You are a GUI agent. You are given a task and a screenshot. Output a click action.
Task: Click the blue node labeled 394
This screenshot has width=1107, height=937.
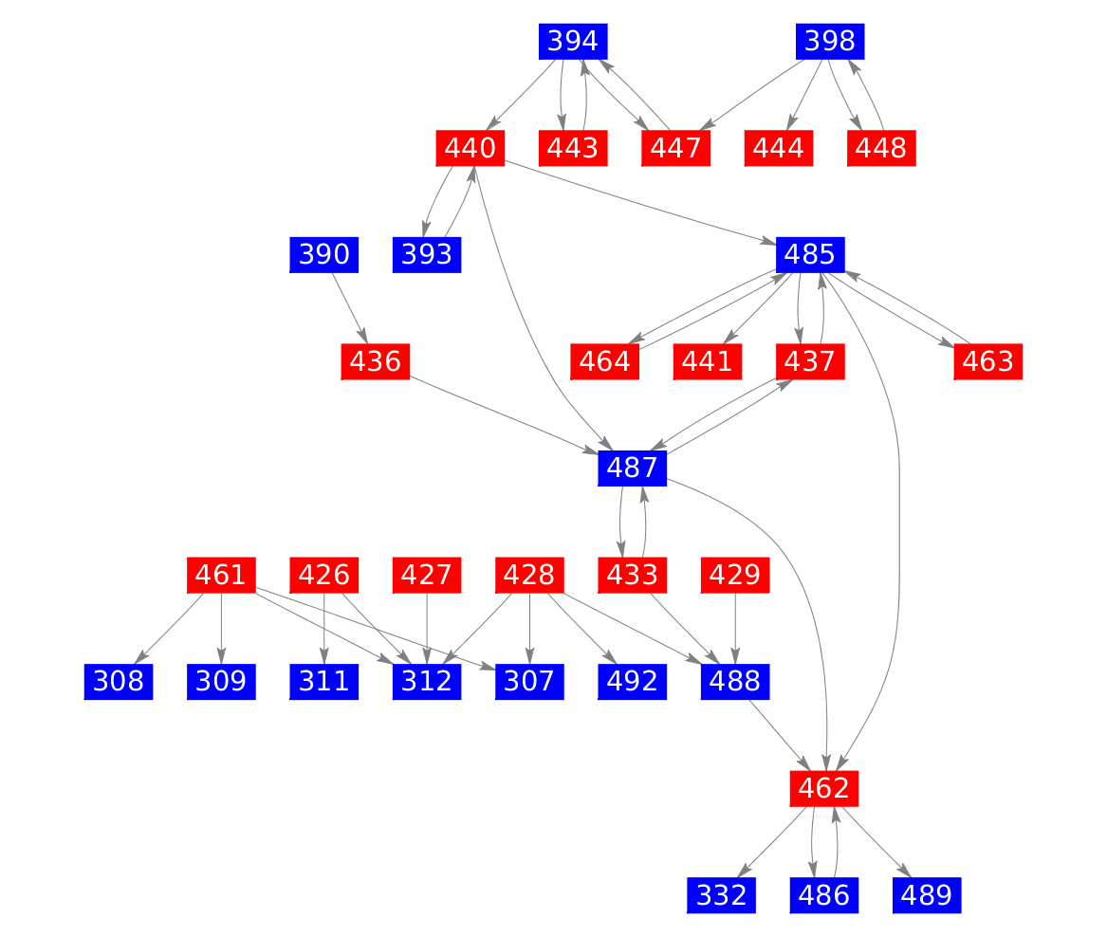[x=573, y=42]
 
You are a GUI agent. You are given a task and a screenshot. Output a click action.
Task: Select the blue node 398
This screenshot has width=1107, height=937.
[x=830, y=42]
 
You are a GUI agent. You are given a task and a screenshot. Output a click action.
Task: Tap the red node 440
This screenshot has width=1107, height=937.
[x=470, y=148]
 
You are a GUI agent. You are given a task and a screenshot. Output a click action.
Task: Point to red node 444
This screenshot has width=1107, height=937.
[x=780, y=148]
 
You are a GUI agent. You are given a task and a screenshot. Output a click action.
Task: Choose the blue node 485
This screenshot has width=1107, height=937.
[x=810, y=254]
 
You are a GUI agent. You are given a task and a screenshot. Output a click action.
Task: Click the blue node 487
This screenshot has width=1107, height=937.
[x=633, y=468]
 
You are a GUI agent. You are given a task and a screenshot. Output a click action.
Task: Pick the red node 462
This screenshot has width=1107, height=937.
[x=824, y=787]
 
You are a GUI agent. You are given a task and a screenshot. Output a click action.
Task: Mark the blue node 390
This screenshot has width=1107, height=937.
[x=323, y=254]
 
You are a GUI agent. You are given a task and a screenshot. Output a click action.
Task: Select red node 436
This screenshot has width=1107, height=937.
[x=375, y=361]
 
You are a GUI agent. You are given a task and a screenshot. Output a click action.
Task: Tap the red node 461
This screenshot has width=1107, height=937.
[x=221, y=575]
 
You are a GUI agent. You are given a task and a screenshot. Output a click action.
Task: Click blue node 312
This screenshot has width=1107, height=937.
[x=427, y=681]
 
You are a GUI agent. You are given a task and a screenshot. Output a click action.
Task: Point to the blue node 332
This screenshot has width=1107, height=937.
[x=721, y=894]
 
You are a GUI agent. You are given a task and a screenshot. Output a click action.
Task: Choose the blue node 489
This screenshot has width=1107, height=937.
[x=927, y=894]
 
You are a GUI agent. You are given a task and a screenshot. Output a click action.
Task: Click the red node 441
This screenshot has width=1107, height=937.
[x=708, y=361]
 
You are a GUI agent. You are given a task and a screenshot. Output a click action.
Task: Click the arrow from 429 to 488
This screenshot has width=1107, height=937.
[x=736, y=628]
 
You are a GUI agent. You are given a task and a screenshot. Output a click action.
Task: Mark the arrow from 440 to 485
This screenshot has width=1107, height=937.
[x=645, y=202]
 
